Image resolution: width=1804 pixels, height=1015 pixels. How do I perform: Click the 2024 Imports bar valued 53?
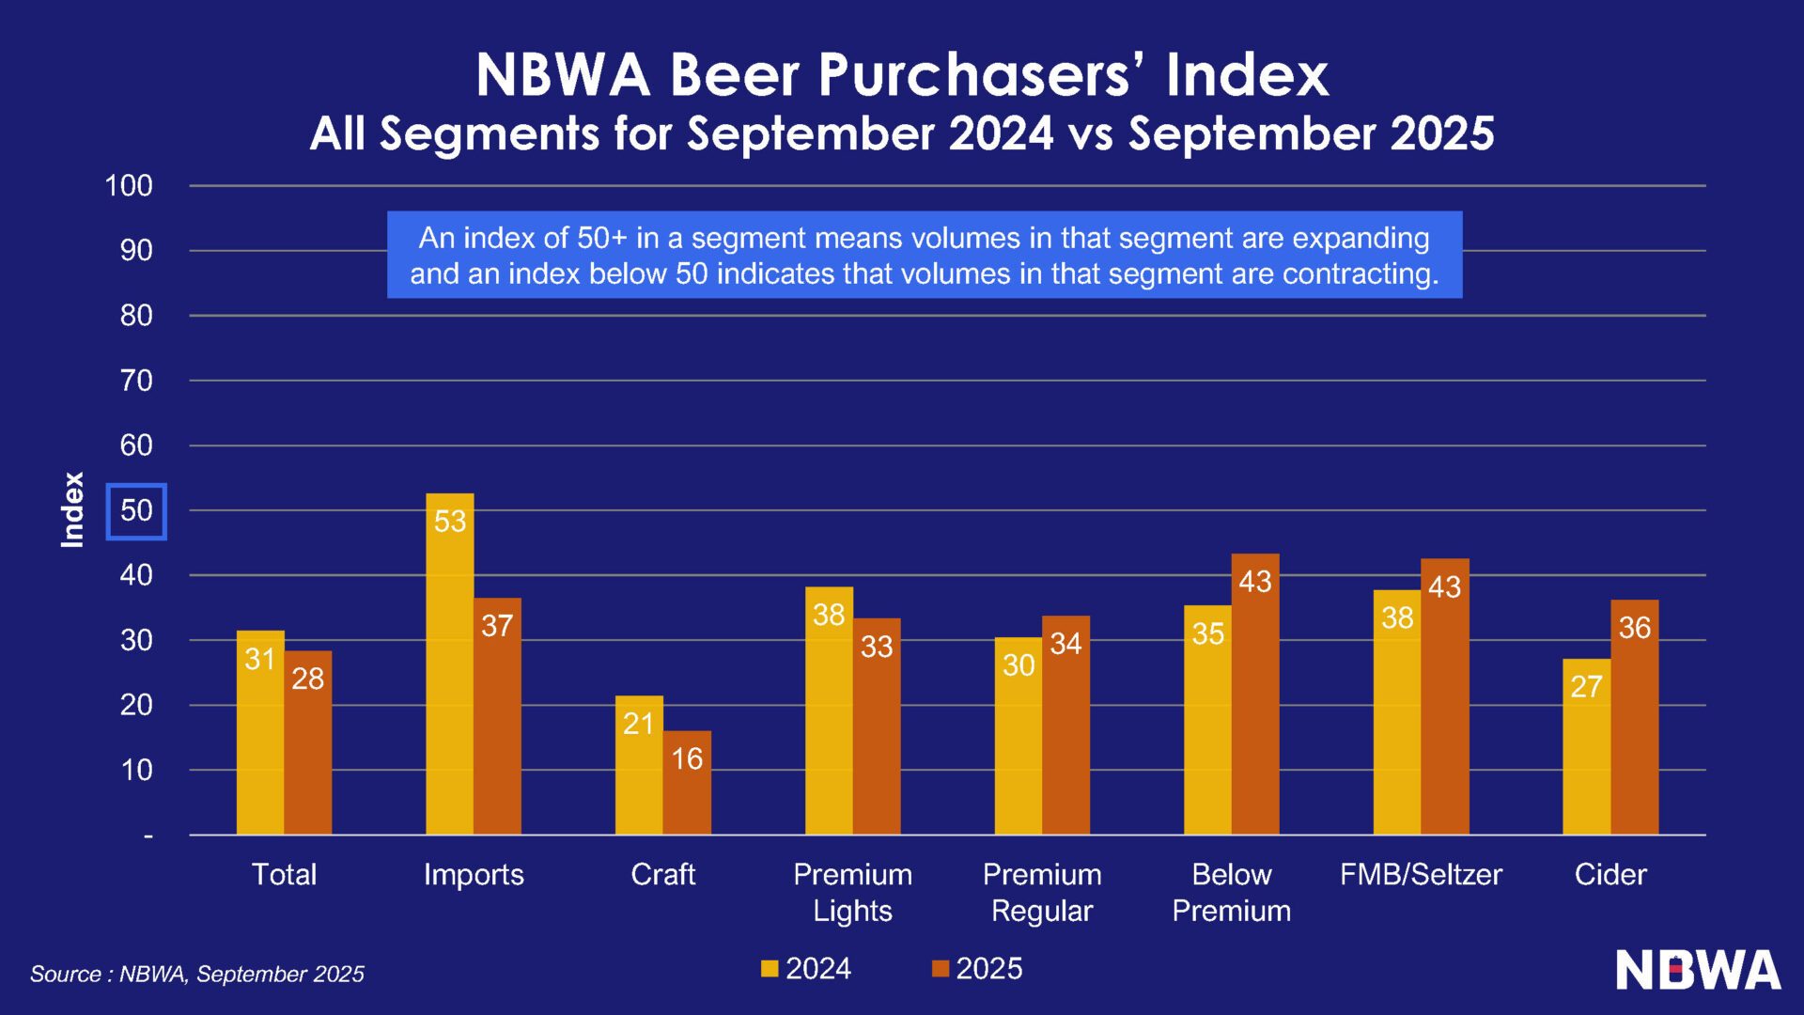click(x=449, y=664)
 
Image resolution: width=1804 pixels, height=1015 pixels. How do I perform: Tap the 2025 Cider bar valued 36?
click(x=1634, y=716)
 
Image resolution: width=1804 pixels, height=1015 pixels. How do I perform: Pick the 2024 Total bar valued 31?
click(x=260, y=732)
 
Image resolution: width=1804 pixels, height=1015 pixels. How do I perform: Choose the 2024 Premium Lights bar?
click(x=829, y=710)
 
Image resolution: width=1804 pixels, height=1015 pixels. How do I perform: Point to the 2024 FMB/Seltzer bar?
click(x=1396, y=711)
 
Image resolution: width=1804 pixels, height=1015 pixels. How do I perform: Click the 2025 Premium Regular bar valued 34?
click(x=1065, y=725)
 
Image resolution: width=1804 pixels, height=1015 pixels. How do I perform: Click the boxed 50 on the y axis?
click(x=136, y=511)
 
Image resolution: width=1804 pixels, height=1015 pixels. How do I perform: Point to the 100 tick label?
click(x=129, y=186)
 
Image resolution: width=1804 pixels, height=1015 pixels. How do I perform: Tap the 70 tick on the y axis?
click(x=136, y=381)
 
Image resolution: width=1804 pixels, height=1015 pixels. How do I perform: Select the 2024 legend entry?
click(x=806, y=968)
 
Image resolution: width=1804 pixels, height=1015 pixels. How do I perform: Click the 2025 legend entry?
click(x=977, y=968)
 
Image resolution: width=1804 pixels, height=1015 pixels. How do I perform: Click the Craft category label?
click(x=662, y=874)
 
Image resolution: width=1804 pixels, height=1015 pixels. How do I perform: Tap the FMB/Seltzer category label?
click(x=1421, y=874)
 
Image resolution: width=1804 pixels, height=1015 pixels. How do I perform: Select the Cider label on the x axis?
click(x=1610, y=874)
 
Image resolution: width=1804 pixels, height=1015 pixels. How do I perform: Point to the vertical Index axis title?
click(x=72, y=509)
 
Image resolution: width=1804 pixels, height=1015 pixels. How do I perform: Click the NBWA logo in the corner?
click(x=1697, y=970)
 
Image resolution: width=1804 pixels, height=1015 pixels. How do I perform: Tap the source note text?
click(x=197, y=974)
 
